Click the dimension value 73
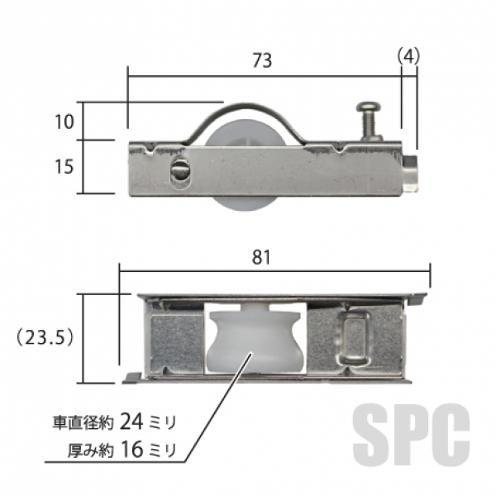tap(262, 60)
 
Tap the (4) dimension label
tap(408, 56)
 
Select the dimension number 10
tap(64, 122)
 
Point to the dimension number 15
tap(64, 166)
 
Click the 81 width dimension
tap(261, 257)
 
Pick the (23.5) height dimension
tap(45, 338)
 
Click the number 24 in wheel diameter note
tap(132, 422)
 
